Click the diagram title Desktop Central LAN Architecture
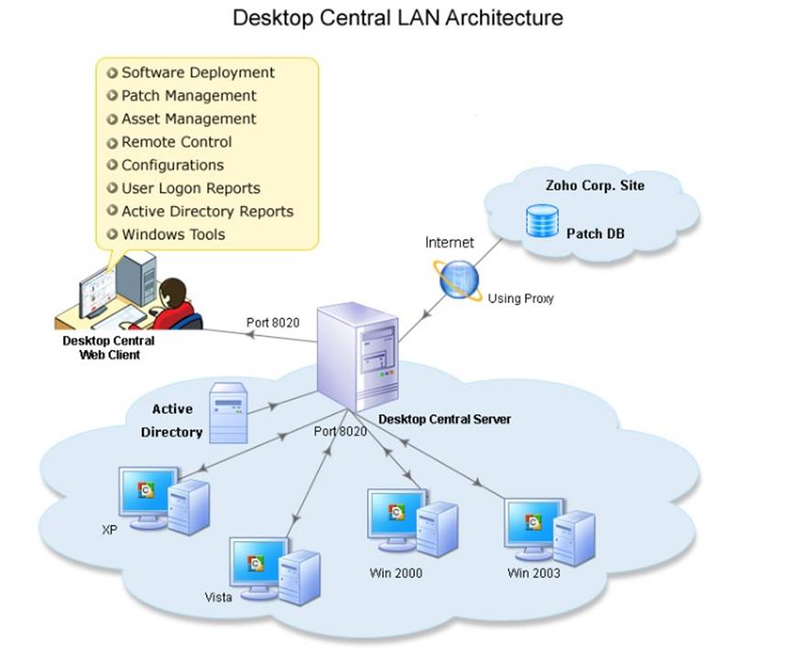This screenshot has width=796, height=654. click(x=398, y=18)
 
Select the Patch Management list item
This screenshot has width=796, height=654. click(x=189, y=95)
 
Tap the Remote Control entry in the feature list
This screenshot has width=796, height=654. click(x=177, y=142)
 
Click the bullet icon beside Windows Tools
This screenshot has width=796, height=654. click(x=112, y=234)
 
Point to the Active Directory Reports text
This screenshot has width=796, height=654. click(x=208, y=212)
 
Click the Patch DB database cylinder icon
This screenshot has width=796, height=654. click(x=542, y=221)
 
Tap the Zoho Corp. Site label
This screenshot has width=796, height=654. click(x=595, y=185)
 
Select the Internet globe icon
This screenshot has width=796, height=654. click(x=458, y=279)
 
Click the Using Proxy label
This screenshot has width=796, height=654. click(x=520, y=299)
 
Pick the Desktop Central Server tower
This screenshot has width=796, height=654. click(x=357, y=356)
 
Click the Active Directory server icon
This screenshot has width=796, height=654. click(x=228, y=413)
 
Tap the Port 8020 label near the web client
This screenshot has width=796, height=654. click(x=273, y=322)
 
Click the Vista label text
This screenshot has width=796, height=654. click(x=218, y=597)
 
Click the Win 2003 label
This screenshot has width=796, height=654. click(x=533, y=573)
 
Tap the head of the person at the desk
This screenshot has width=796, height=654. click(x=173, y=293)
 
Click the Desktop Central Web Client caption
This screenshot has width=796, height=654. click(x=109, y=347)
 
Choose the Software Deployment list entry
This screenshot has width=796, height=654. click(x=198, y=72)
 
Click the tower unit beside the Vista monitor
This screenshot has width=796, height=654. click(x=300, y=577)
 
